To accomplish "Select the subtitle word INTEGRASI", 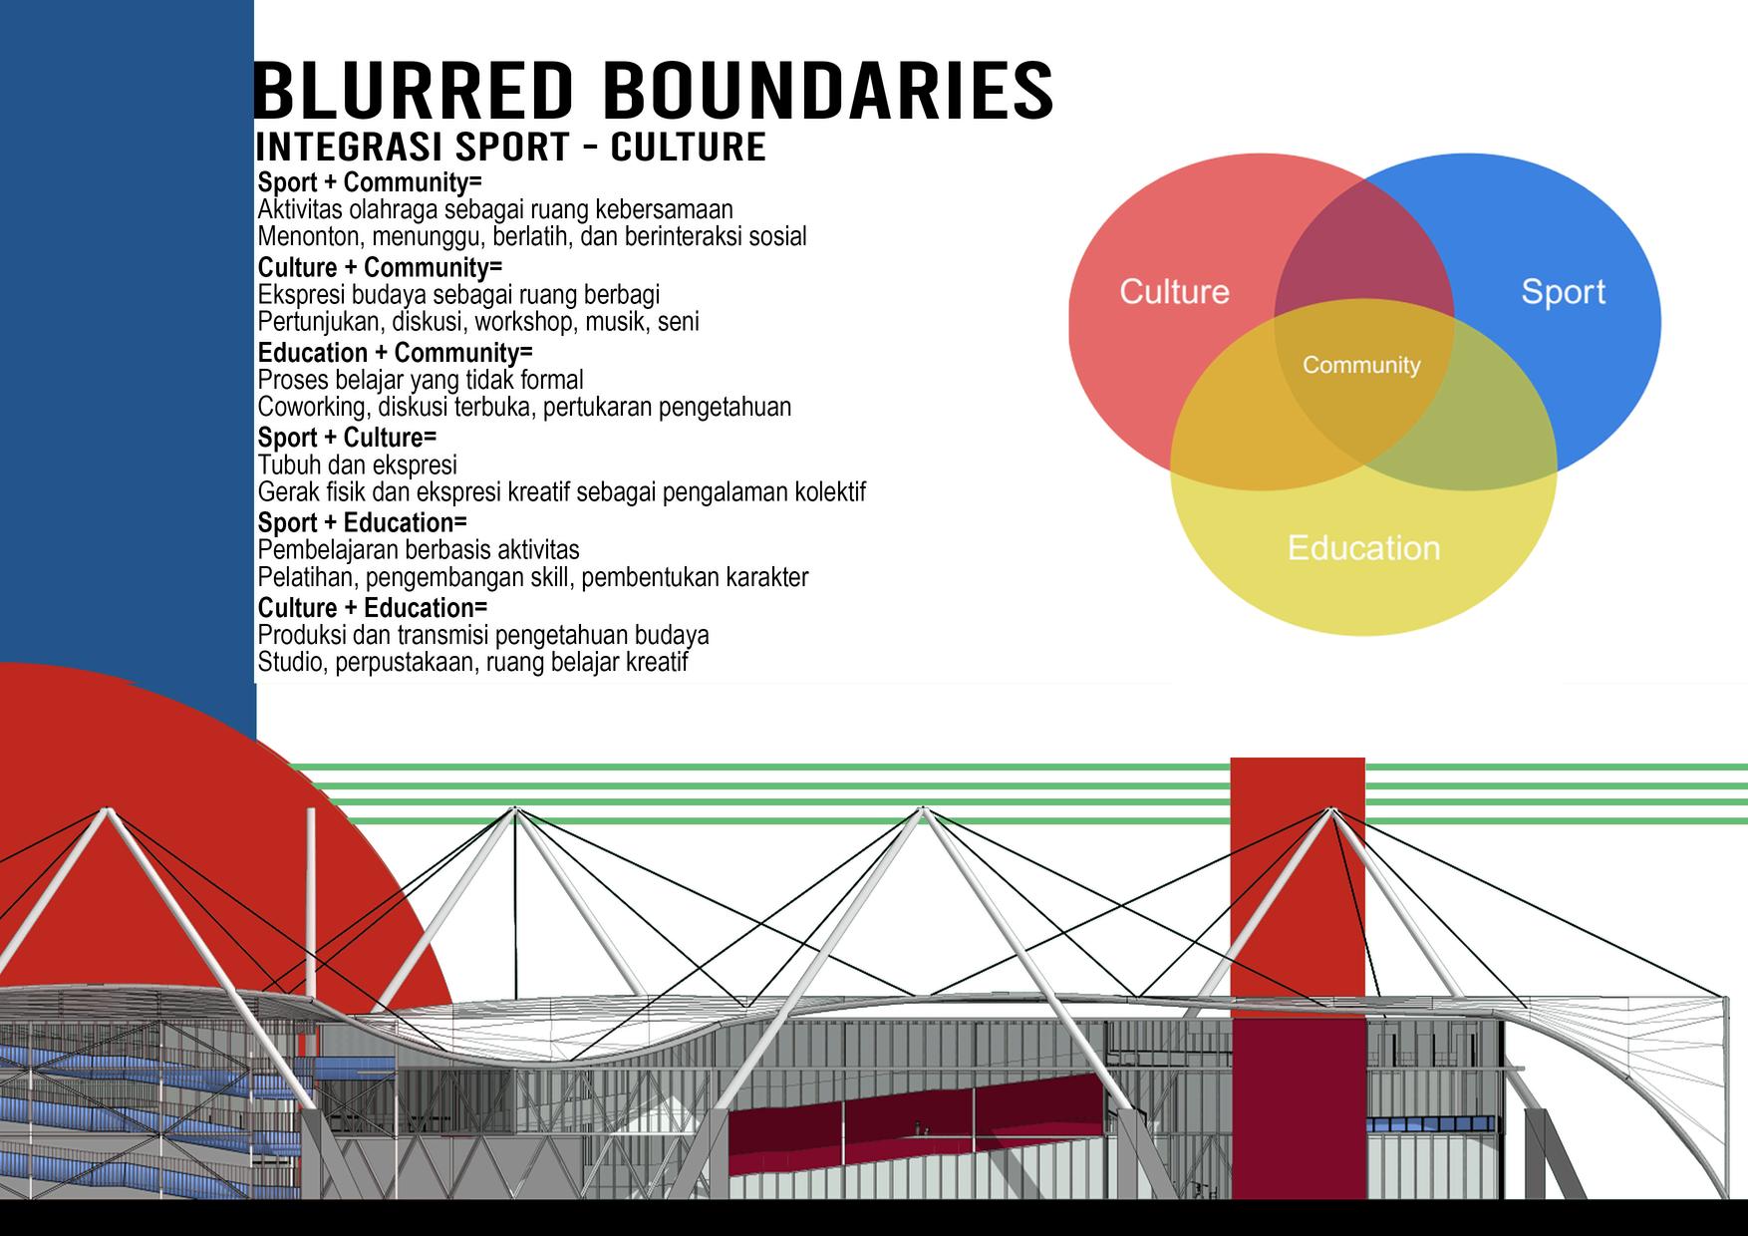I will coord(349,147).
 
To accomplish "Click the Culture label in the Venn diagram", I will coord(1174,291).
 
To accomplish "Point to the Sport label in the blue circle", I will coord(1563,291).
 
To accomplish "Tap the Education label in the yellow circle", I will coord(1363,547).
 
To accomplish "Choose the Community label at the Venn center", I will coord(1361,365).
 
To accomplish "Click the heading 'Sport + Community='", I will coord(369,182).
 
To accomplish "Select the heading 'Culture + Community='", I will coord(380,267).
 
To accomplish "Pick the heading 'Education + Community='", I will coord(395,353).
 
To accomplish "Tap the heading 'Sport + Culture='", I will coord(347,438).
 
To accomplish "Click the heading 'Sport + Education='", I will coord(362,522).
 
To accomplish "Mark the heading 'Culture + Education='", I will coord(373,608).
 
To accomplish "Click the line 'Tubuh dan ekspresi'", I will coord(357,464).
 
